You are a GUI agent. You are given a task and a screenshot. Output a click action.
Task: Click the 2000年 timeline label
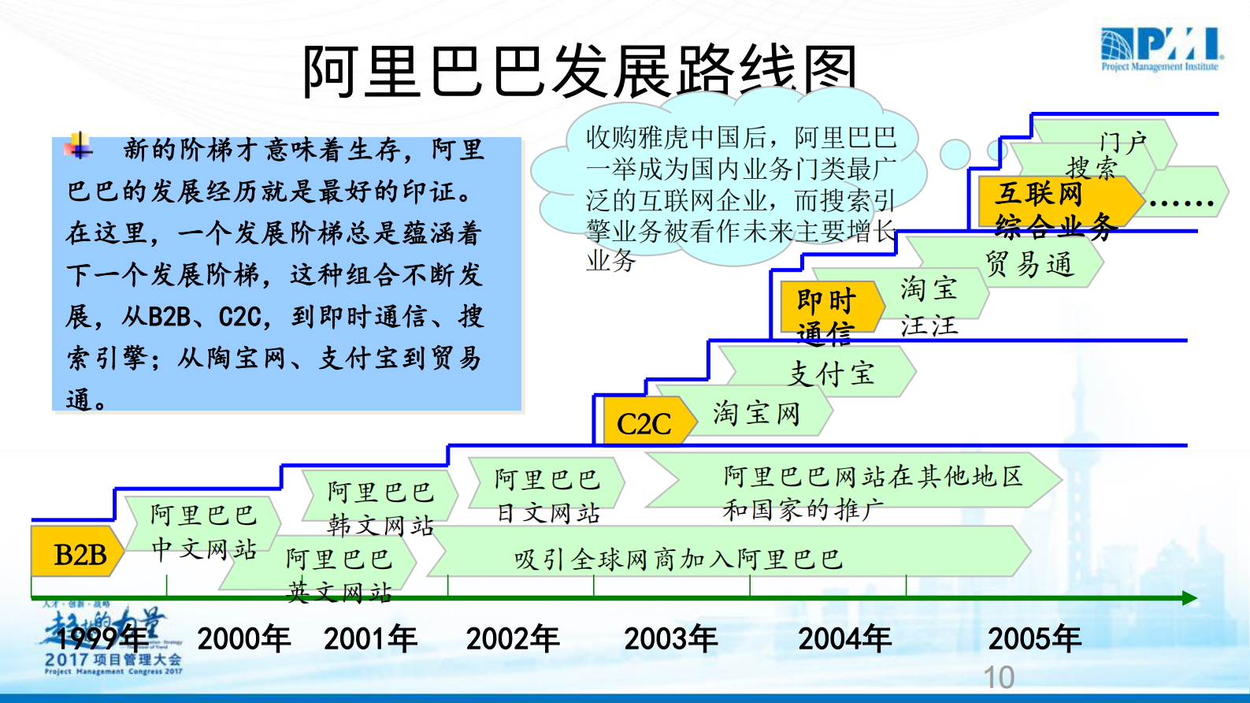coord(243,638)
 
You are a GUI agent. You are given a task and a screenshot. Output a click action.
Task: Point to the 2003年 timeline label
coord(670,638)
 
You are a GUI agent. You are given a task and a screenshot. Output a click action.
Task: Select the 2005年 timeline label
coord(1034,638)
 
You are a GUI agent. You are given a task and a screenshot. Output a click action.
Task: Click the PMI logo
coord(1161,49)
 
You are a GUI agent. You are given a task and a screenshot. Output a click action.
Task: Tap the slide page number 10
coord(999,677)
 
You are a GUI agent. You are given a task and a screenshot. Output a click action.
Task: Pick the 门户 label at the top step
coord(1122,142)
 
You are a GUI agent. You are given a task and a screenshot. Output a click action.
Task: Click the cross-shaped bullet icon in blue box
coord(79,146)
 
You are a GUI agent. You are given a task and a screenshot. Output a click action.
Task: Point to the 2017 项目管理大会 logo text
coord(113,660)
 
